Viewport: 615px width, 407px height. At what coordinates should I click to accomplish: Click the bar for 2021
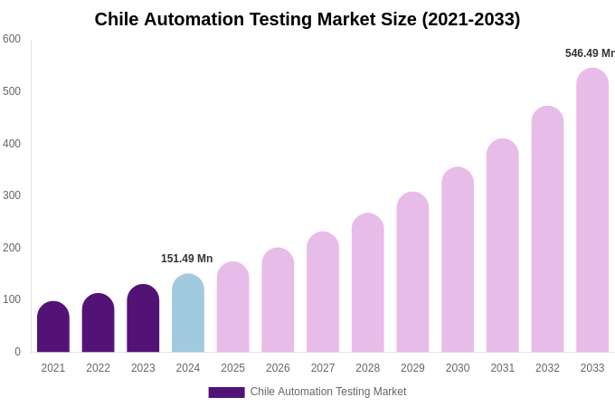pyautogui.click(x=53, y=327)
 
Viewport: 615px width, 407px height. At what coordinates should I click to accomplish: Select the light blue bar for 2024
pyautogui.click(x=188, y=314)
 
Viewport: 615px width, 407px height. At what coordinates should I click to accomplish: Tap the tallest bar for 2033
pyautogui.click(x=592, y=211)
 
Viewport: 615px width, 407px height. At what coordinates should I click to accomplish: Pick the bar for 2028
pyautogui.click(x=368, y=283)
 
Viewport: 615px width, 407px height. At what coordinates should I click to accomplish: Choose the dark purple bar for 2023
pyautogui.click(x=143, y=319)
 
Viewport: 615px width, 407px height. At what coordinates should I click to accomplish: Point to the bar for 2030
pyautogui.click(x=458, y=260)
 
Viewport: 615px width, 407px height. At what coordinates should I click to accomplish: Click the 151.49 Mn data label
pyautogui.click(x=186, y=259)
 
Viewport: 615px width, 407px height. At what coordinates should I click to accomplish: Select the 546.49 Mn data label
pyautogui.click(x=589, y=53)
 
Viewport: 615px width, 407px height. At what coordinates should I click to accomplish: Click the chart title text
pyautogui.click(x=307, y=19)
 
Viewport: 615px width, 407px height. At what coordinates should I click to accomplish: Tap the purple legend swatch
pyautogui.click(x=226, y=393)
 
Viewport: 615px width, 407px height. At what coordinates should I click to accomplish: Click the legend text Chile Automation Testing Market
pyautogui.click(x=328, y=392)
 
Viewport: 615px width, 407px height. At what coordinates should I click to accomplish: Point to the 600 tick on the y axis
pyautogui.click(x=12, y=39)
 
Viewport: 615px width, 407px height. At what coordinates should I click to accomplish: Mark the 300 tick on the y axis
pyautogui.click(x=12, y=195)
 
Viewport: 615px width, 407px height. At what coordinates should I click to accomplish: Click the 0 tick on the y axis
pyautogui.click(x=17, y=352)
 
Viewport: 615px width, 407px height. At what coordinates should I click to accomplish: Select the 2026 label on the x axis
pyautogui.click(x=278, y=368)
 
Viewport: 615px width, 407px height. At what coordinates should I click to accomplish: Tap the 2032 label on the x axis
pyautogui.click(x=547, y=368)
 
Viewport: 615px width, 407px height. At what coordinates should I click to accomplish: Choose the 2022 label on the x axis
pyautogui.click(x=98, y=368)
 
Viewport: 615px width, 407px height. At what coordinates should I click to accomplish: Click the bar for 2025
pyautogui.click(x=232, y=308)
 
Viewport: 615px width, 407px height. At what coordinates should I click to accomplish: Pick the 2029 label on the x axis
pyautogui.click(x=412, y=368)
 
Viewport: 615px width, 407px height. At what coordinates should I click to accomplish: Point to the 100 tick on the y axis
pyautogui.click(x=12, y=299)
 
